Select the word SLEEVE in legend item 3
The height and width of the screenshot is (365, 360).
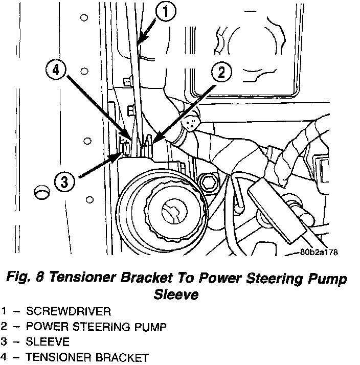tap(48, 341)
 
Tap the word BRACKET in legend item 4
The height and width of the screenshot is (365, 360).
tap(122, 357)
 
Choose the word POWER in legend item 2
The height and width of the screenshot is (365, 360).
tap(47, 326)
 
